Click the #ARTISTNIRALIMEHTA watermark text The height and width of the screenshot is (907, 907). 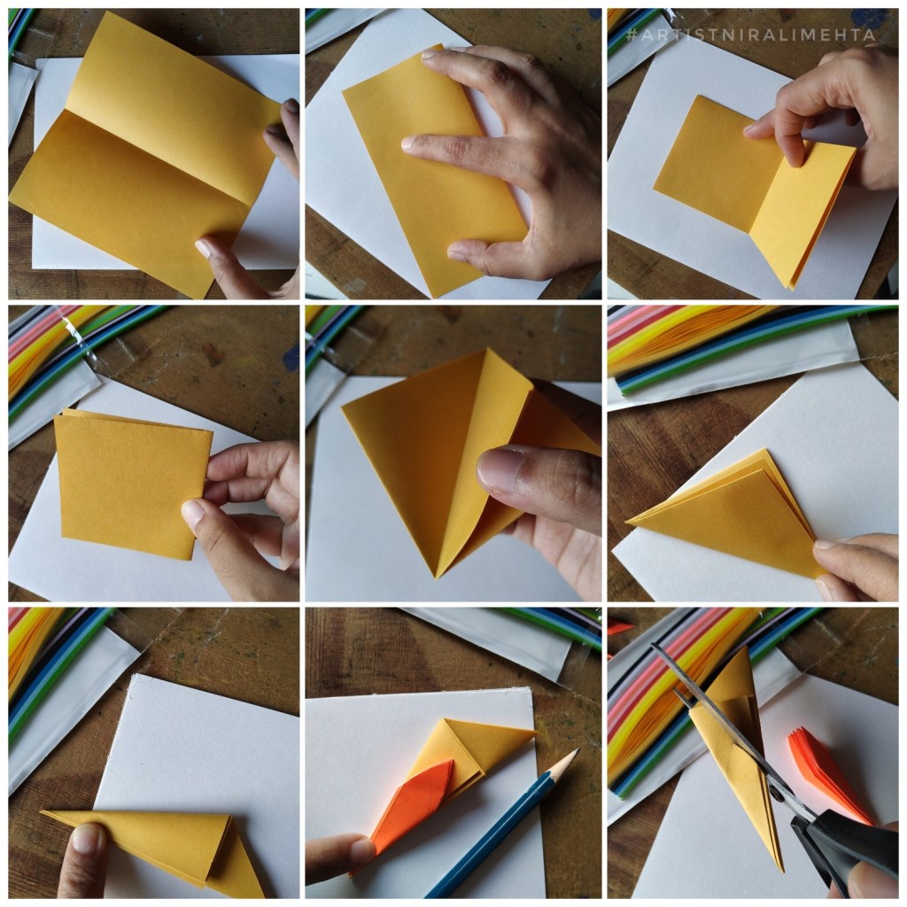(x=751, y=35)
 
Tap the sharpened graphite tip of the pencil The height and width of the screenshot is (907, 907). (x=575, y=752)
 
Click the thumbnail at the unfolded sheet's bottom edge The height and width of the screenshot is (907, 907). (x=204, y=248)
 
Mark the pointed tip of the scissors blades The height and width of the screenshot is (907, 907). (x=655, y=646)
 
